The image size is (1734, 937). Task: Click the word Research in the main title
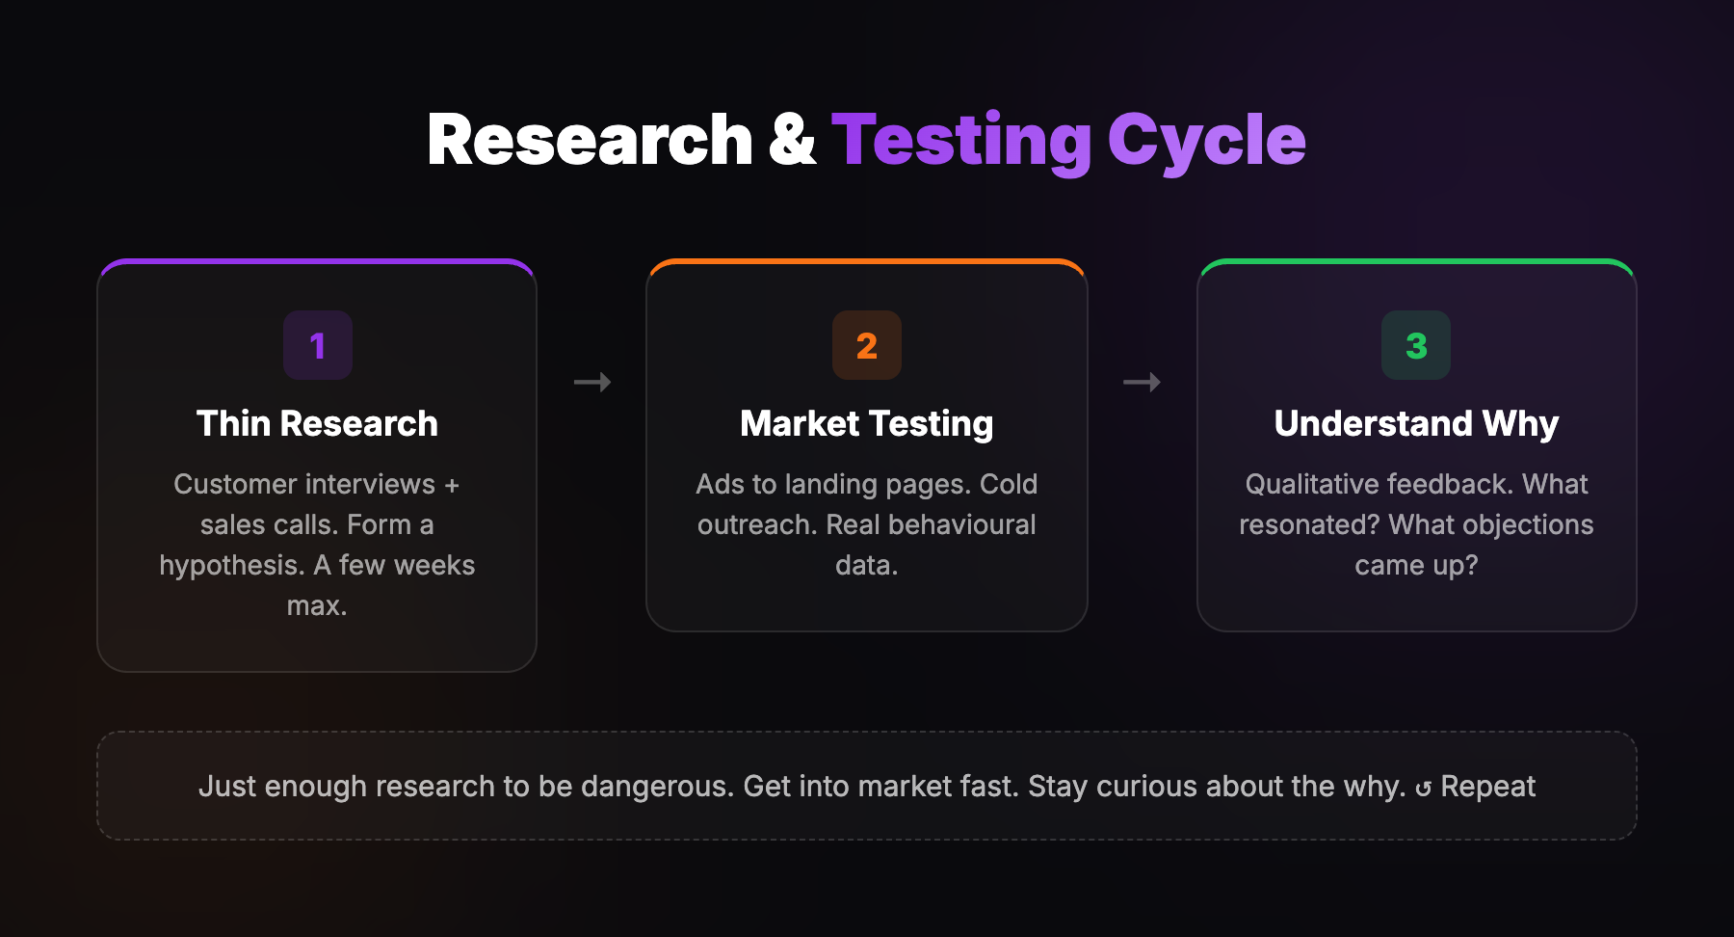[589, 141]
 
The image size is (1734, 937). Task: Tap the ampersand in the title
[792, 141]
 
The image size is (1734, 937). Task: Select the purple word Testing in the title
[960, 141]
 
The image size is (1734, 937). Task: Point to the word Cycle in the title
[1206, 141]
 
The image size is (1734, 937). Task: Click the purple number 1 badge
[318, 345]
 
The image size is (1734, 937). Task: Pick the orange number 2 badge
[867, 345]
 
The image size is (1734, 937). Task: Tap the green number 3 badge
[1416, 345]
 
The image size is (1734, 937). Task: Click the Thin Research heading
[317, 423]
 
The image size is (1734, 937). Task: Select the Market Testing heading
[867, 423]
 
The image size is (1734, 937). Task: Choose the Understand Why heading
[1416, 423]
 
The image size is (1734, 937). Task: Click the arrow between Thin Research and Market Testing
[592, 383]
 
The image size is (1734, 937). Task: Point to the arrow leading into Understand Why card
[1142, 383]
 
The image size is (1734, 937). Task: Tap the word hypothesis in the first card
[232, 566]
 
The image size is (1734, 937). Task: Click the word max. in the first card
[317, 606]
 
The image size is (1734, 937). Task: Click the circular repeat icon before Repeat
[1424, 790]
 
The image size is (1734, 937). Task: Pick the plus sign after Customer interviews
[452, 485]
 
